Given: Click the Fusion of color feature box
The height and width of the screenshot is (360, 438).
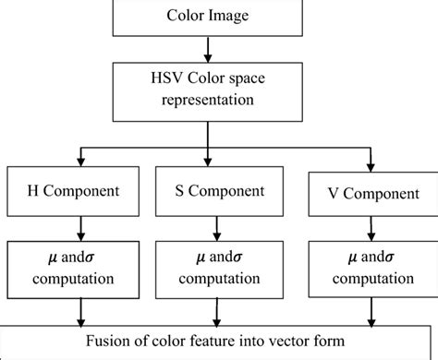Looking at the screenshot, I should tap(219, 341).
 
